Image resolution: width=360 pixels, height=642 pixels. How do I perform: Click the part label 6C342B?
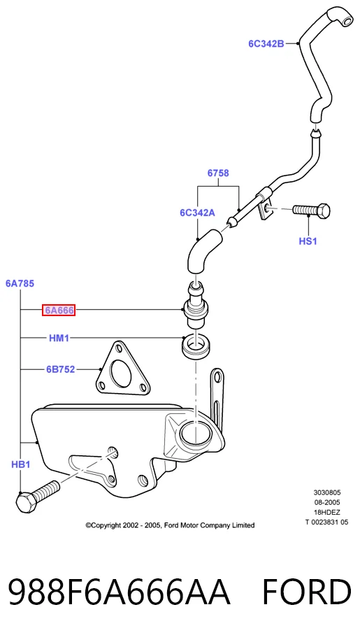pyautogui.click(x=266, y=43)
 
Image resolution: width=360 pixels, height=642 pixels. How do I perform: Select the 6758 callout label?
pyautogui.click(x=218, y=173)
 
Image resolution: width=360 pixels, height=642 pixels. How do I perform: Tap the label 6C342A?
pyautogui.click(x=197, y=213)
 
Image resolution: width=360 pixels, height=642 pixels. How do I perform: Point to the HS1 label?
pyautogui.click(x=308, y=241)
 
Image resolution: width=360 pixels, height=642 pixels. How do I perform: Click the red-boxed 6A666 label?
pyautogui.click(x=59, y=311)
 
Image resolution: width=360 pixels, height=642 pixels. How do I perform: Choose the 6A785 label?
pyautogui.click(x=20, y=283)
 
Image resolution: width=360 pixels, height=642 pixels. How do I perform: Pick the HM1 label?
pyautogui.click(x=59, y=338)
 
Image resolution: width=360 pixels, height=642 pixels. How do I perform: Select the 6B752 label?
pyautogui.click(x=61, y=370)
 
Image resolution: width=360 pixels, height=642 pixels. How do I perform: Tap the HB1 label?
pyautogui.click(x=20, y=464)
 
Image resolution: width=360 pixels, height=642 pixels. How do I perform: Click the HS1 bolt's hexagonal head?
pyautogui.click(x=324, y=211)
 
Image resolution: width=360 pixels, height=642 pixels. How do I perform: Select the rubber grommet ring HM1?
pyautogui.click(x=196, y=347)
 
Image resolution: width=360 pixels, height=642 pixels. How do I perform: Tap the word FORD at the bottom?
pyautogui.click(x=306, y=592)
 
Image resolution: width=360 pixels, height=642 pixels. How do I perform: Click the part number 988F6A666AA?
pyautogui.click(x=120, y=592)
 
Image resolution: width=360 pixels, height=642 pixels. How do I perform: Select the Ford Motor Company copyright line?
pyautogui.click(x=170, y=525)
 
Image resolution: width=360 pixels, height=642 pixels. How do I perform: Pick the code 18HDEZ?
pyautogui.click(x=327, y=512)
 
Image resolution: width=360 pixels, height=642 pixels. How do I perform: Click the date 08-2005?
pyautogui.click(x=327, y=502)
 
